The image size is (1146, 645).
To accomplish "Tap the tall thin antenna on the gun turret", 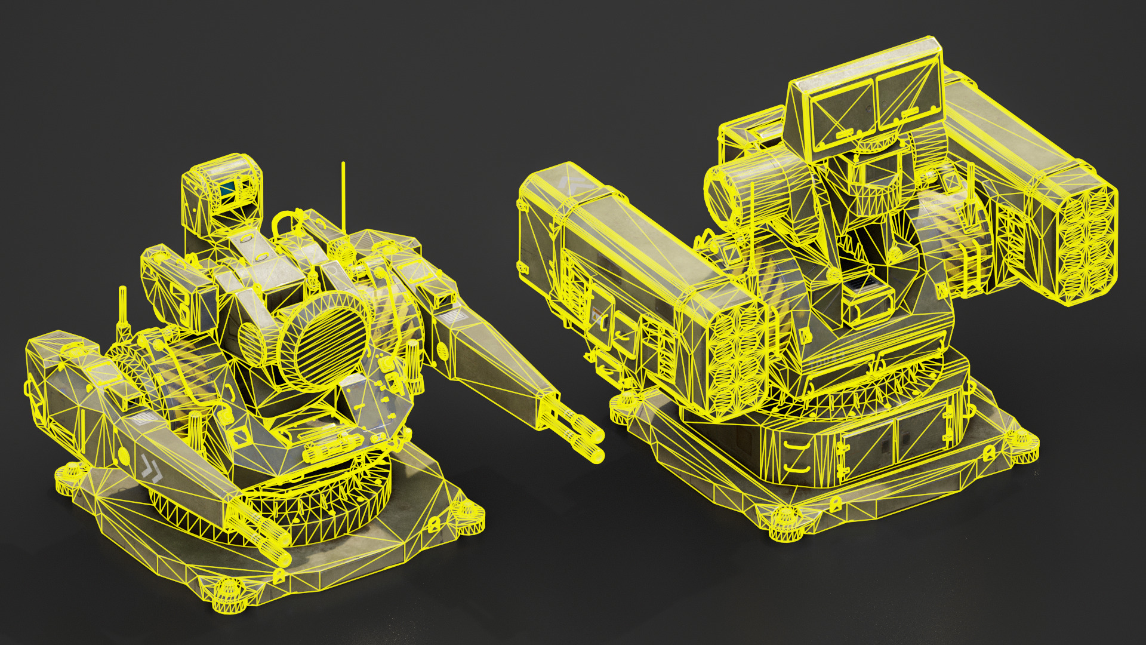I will pos(343,197).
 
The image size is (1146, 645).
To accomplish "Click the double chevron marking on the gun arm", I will pos(152,468).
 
